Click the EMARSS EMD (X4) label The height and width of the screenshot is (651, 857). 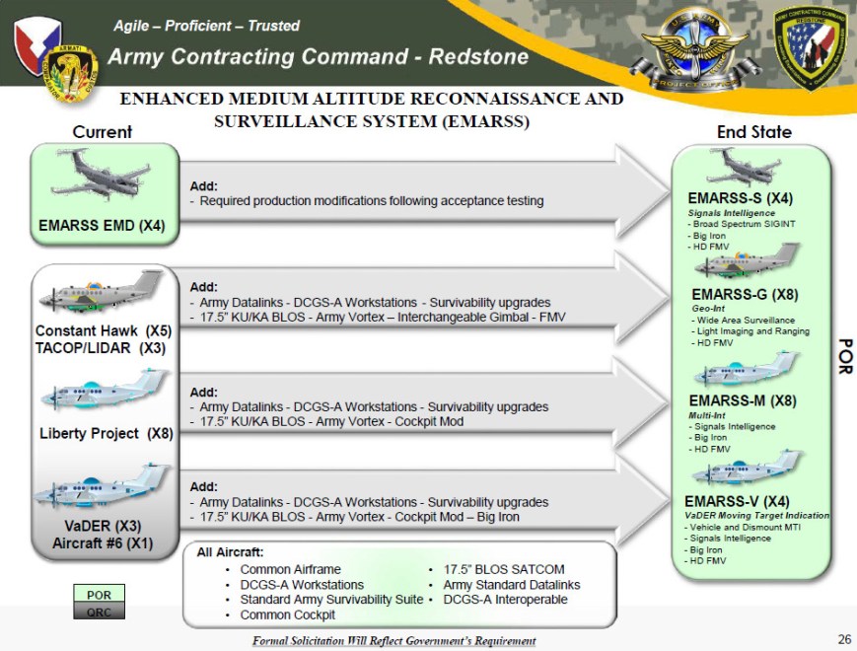pyautogui.click(x=103, y=225)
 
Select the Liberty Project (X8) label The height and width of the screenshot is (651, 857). pyautogui.click(x=106, y=433)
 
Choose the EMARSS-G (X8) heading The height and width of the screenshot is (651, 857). pyautogui.click(x=745, y=294)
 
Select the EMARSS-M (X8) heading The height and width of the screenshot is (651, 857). pyautogui.click(x=743, y=400)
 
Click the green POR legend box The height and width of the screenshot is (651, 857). pyautogui.click(x=100, y=595)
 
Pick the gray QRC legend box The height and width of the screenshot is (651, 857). pyautogui.click(x=100, y=611)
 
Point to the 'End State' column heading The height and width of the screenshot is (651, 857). pyautogui.click(x=753, y=131)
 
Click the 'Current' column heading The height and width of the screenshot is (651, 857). pyautogui.click(x=103, y=132)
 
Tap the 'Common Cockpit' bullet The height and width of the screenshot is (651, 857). pyautogui.click(x=288, y=615)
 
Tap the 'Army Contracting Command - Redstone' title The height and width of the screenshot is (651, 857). pyautogui.click(x=318, y=56)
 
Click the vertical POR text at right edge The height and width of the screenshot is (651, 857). pyautogui.click(x=844, y=355)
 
